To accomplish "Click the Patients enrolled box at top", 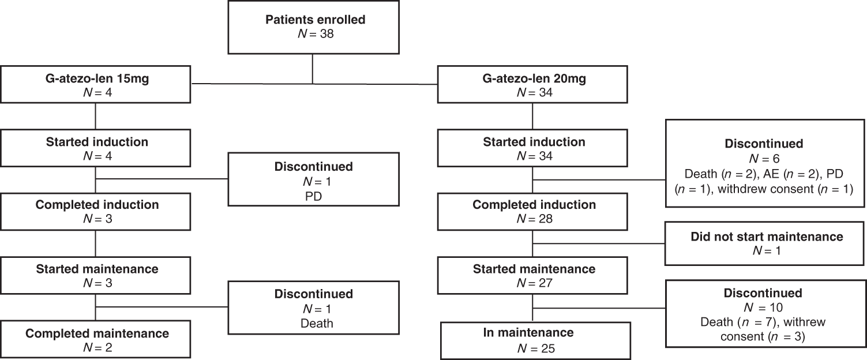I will (x=315, y=27).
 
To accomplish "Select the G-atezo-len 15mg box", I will (x=96, y=85).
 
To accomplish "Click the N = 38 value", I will (x=315, y=34).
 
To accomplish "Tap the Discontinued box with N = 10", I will (x=766, y=313).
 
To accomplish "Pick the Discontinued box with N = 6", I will (x=766, y=163).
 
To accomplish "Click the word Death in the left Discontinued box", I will (x=317, y=324).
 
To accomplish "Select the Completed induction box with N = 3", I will (x=96, y=211).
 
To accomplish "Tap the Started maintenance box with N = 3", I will (x=96, y=275).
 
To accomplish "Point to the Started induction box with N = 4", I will (x=96, y=148).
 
